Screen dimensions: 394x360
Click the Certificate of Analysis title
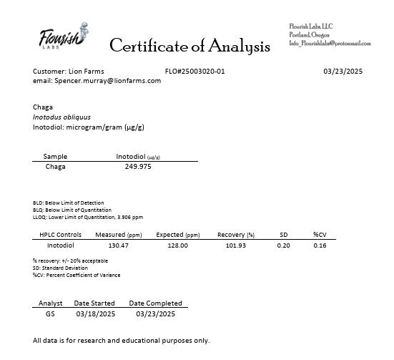(x=189, y=47)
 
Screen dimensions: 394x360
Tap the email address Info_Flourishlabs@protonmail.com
(x=330, y=44)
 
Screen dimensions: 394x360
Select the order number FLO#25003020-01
(x=194, y=72)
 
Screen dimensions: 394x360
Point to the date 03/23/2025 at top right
(x=343, y=72)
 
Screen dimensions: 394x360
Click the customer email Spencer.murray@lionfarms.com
(x=107, y=81)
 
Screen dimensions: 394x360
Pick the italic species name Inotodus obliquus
(x=61, y=117)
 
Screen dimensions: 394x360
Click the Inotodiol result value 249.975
(x=138, y=167)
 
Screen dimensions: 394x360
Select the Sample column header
(x=55, y=156)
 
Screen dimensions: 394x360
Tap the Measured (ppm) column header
(x=119, y=235)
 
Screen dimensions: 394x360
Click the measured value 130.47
(x=118, y=245)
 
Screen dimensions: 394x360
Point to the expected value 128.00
(x=177, y=245)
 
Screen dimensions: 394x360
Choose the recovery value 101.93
(x=235, y=245)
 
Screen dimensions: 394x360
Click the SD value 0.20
(x=283, y=245)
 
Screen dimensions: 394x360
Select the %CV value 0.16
(x=320, y=245)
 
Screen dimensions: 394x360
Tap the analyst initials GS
(x=50, y=313)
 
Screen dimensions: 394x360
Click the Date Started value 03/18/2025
(x=94, y=313)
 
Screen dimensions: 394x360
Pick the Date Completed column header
(x=155, y=303)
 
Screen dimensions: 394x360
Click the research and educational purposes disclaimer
(x=122, y=340)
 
